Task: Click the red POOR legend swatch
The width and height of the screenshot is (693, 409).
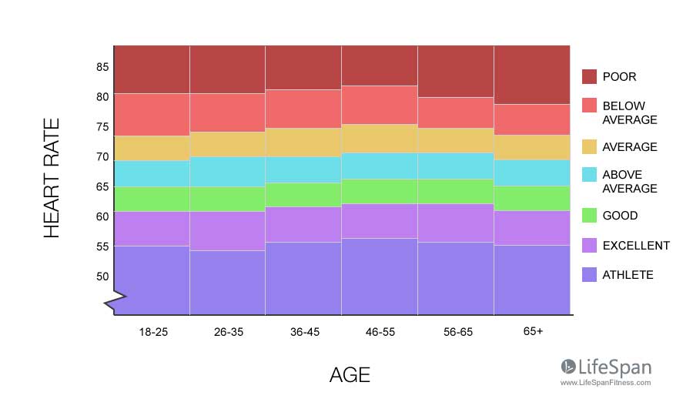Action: [x=589, y=76]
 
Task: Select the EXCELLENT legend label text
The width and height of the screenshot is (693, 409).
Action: [x=636, y=246]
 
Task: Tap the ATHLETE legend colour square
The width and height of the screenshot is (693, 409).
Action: [x=589, y=275]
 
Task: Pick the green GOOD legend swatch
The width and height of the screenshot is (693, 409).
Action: [x=589, y=216]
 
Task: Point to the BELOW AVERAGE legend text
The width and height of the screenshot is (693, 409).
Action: [x=630, y=112]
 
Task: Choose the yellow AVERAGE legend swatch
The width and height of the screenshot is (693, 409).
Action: [x=589, y=147]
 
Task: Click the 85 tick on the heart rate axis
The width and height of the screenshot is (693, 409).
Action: [x=102, y=67]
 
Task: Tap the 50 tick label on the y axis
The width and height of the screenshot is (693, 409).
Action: [x=102, y=277]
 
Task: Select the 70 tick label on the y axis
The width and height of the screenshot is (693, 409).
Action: [x=102, y=157]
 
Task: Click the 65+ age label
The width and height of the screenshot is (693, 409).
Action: [x=532, y=331]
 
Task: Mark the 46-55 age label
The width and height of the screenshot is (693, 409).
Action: [x=380, y=331]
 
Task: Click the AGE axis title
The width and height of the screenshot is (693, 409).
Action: [x=350, y=375]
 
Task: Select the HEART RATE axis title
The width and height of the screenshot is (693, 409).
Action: [x=52, y=178]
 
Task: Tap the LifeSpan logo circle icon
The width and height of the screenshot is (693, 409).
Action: [x=568, y=367]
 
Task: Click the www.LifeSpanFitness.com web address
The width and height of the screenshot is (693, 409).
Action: [x=605, y=382]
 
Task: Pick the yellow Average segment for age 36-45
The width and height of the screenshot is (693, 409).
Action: [x=303, y=142]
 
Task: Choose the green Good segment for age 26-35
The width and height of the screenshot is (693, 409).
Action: [x=228, y=199]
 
